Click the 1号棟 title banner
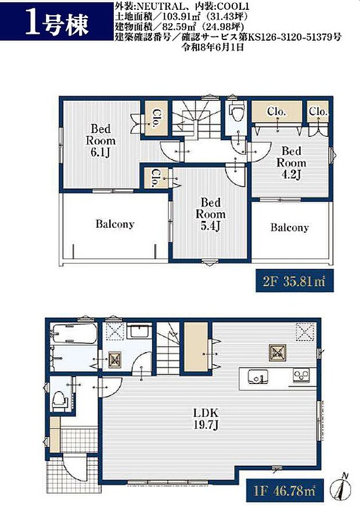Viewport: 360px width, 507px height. pos(56,21)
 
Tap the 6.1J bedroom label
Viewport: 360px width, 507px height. pos(100,140)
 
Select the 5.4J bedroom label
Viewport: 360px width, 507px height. pos(210,214)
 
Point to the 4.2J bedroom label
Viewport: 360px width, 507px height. pos(291,162)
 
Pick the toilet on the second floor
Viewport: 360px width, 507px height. pos(236,111)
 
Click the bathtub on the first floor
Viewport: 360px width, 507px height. pos(74,334)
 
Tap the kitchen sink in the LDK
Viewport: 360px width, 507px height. pos(257,376)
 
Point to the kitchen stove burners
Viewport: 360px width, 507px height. pos(301,375)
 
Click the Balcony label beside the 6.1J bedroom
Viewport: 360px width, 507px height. pos(115,224)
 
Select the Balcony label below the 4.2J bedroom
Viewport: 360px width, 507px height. pos(289,227)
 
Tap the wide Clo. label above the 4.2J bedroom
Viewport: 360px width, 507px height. pos(277,111)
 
